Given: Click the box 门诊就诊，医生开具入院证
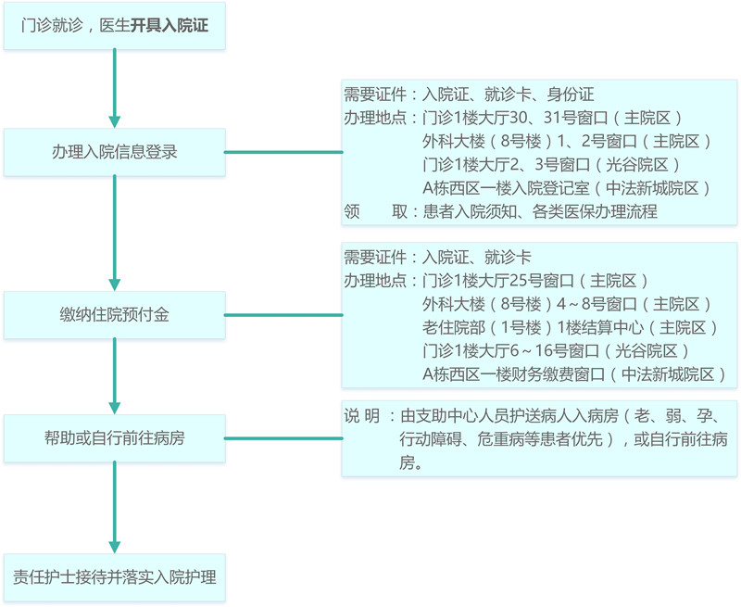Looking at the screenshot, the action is (114, 26).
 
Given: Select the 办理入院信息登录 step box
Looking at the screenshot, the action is (114, 152).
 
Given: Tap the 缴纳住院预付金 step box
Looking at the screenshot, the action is (114, 315).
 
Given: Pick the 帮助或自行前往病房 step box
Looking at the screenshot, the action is (114, 438).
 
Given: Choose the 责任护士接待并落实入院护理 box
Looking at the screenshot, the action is (114, 577).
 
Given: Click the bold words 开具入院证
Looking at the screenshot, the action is (170, 26).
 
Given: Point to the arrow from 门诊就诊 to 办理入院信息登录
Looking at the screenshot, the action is (114, 88).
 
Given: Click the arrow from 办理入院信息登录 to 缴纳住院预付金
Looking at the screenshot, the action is (114, 233).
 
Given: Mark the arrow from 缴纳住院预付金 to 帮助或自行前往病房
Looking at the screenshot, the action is (114, 376).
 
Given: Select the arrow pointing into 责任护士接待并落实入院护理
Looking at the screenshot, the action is (114, 507).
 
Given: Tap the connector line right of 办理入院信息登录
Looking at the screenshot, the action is (283, 152).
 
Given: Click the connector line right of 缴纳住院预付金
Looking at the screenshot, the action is (283, 315).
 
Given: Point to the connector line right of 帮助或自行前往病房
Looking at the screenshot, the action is (283, 438).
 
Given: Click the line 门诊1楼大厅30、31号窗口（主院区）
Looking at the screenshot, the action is (552, 118).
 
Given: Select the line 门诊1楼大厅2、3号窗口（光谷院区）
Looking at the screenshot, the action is (551, 165).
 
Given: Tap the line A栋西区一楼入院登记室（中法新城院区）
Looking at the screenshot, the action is (567, 188).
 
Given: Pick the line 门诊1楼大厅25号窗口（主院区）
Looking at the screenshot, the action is (535, 281).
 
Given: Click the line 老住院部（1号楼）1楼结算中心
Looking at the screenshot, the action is (534, 327).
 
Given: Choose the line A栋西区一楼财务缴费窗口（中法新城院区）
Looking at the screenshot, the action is (574, 374).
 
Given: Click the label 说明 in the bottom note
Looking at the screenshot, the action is (362, 416).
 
